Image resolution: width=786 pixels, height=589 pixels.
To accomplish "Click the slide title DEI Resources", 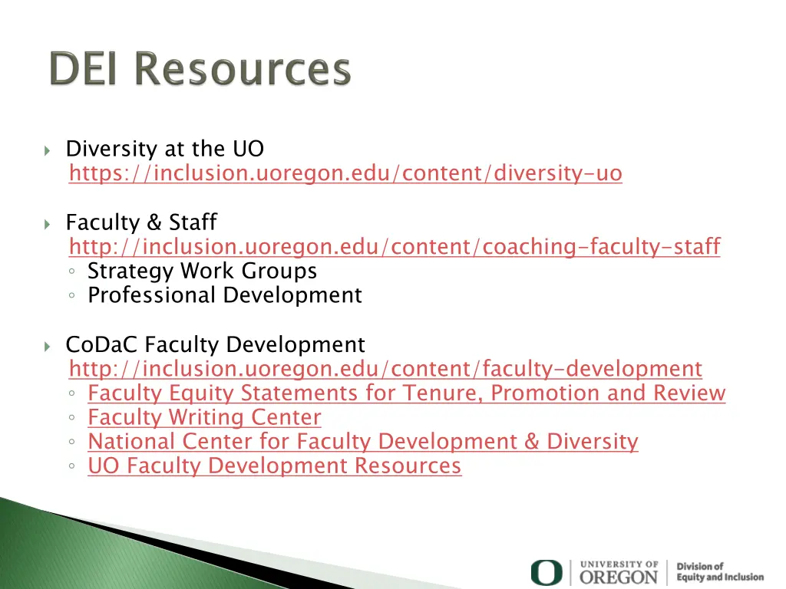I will pyautogui.click(x=200, y=70).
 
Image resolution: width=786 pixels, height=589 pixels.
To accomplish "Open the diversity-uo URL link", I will pyautogui.click(x=345, y=174).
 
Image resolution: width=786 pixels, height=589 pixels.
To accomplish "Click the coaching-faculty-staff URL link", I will pyautogui.click(x=395, y=247).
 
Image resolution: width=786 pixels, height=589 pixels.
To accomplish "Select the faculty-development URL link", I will pyautogui.click(x=385, y=369).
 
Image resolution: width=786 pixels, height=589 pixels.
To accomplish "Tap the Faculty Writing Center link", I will pyautogui.click(x=204, y=418).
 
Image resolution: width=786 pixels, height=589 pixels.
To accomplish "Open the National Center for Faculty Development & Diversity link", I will pyautogui.click(x=362, y=442).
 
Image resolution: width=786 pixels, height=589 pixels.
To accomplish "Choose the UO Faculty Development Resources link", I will pyautogui.click(x=274, y=466).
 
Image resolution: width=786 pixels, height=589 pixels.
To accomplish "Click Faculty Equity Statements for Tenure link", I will pyautogui.click(x=406, y=393).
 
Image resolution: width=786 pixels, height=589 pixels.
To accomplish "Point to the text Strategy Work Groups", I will pyautogui.click(x=202, y=271).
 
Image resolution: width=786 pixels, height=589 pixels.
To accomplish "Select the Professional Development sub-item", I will pyautogui.click(x=224, y=295).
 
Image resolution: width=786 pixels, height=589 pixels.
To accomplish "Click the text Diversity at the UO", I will pyautogui.click(x=165, y=149).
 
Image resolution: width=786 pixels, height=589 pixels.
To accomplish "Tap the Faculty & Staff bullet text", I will pyautogui.click(x=141, y=222).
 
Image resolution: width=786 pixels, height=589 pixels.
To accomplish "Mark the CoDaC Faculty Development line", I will pyautogui.click(x=215, y=345).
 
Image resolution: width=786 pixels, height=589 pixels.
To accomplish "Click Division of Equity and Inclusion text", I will pyautogui.click(x=720, y=572).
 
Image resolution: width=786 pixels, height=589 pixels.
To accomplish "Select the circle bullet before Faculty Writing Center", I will pyautogui.click(x=71, y=419).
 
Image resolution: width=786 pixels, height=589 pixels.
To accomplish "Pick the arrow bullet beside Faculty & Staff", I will pyautogui.click(x=48, y=224).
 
